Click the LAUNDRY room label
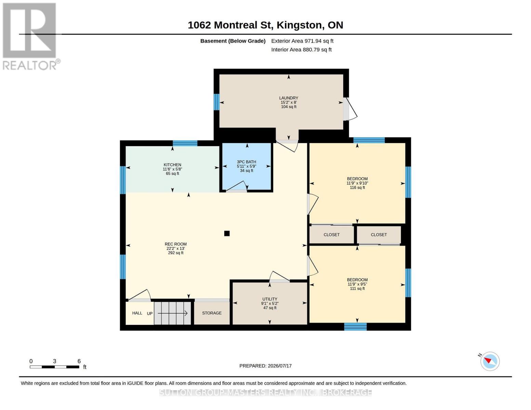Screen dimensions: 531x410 click(x=289, y=98)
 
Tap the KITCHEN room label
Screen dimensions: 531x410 click(x=172, y=165)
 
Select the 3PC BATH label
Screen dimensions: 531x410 click(x=246, y=162)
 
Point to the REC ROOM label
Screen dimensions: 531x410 click(x=175, y=244)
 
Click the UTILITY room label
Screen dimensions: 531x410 click(x=269, y=299)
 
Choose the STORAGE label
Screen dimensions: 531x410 click(x=212, y=313)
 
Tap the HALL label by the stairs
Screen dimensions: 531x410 click(x=137, y=313)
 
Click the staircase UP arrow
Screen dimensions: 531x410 click(x=173, y=313)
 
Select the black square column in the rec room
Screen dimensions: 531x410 click(x=227, y=233)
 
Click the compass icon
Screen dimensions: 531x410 click(x=490, y=361)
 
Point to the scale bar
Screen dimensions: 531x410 click(x=54, y=367)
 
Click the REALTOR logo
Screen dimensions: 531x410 click(x=30, y=37)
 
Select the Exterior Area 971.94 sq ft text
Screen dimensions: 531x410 click(x=302, y=41)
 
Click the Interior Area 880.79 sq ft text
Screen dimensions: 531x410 click(x=301, y=50)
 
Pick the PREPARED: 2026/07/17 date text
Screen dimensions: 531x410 click(x=265, y=366)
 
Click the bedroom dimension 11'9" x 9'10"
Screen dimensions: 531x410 click(x=357, y=183)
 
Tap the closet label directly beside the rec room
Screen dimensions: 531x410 click(x=331, y=235)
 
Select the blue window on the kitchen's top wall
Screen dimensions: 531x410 click(x=185, y=143)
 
